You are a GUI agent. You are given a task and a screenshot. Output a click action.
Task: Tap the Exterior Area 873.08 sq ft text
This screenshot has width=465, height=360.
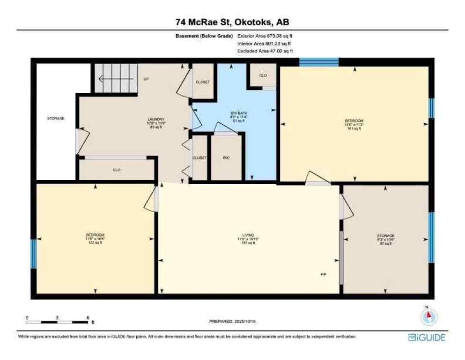coord(265,36)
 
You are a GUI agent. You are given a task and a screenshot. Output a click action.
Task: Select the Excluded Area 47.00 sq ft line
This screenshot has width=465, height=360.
coord(265,51)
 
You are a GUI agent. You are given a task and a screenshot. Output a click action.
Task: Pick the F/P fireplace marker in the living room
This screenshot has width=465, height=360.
coord(323,274)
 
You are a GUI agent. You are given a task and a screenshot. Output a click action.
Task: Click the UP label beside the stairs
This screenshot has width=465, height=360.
coord(146,79)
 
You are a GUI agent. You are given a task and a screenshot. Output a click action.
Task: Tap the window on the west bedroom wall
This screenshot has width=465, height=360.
coord(33,254)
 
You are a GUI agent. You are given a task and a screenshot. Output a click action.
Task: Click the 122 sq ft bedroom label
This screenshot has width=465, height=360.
coord(95,239)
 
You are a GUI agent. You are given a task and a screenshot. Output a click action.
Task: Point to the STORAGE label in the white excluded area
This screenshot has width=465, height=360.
coord(55,119)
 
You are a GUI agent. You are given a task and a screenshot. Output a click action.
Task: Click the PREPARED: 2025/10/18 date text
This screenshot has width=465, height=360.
coord(232,322)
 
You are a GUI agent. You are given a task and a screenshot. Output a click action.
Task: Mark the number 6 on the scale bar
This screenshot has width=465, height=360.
coord(88,317)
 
